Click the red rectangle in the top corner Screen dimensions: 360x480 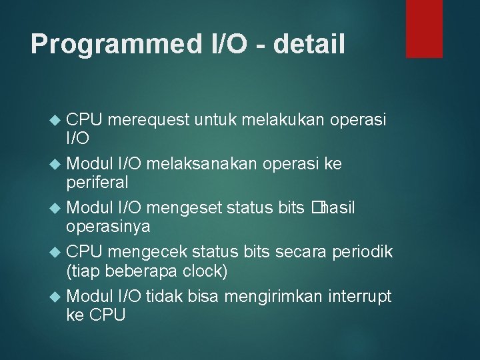(x=424, y=28)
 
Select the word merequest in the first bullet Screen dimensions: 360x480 (x=149, y=120)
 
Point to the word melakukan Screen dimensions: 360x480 (x=284, y=120)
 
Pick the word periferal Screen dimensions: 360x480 (x=97, y=182)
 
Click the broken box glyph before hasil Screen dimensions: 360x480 (x=315, y=208)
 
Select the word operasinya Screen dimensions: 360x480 (x=108, y=226)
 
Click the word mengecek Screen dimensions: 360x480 (x=149, y=252)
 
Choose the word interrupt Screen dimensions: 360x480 (x=359, y=296)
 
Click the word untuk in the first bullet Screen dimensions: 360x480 (x=217, y=120)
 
